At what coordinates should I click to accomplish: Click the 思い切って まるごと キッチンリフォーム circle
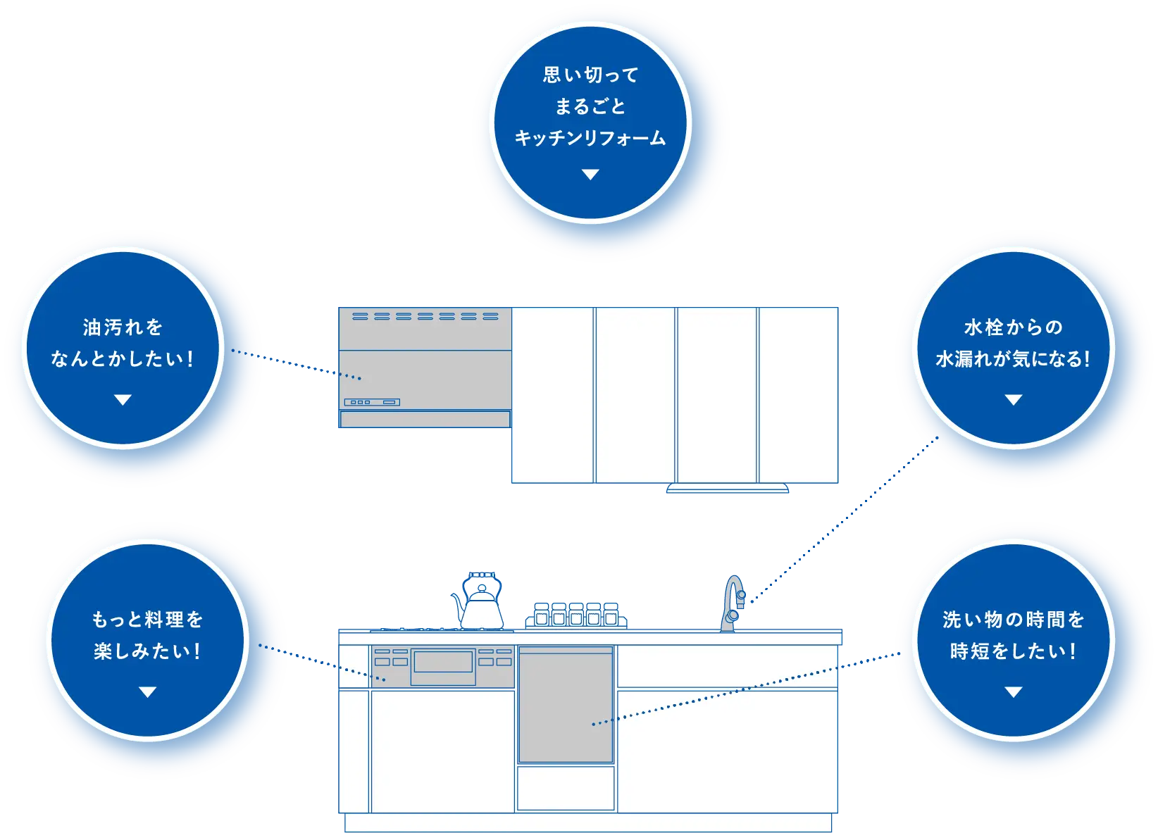(590, 123)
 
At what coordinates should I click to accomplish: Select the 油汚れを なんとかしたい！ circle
(123, 347)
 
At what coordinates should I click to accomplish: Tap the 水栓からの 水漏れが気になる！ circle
(1013, 347)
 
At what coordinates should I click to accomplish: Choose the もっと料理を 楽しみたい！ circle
(147, 639)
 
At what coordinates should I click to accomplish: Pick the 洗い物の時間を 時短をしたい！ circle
(1013, 639)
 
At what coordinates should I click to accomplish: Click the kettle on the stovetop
(481, 609)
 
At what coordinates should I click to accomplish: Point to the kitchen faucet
(733, 604)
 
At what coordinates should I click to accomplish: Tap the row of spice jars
(576, 615)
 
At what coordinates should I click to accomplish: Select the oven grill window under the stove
(443, 662)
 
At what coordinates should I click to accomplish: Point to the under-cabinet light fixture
(727, 488)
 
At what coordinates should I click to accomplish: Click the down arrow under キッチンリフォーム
(590, 175)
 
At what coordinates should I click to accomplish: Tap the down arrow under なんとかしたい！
(123, 400)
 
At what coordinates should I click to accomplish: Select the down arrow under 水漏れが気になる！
(1013, 400)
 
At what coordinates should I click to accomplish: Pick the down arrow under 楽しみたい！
(147, 692)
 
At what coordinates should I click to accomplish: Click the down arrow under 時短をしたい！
(1013, 692)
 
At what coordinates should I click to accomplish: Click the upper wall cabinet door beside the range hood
(552, 394)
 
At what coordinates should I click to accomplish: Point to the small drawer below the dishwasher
(566, 788)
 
